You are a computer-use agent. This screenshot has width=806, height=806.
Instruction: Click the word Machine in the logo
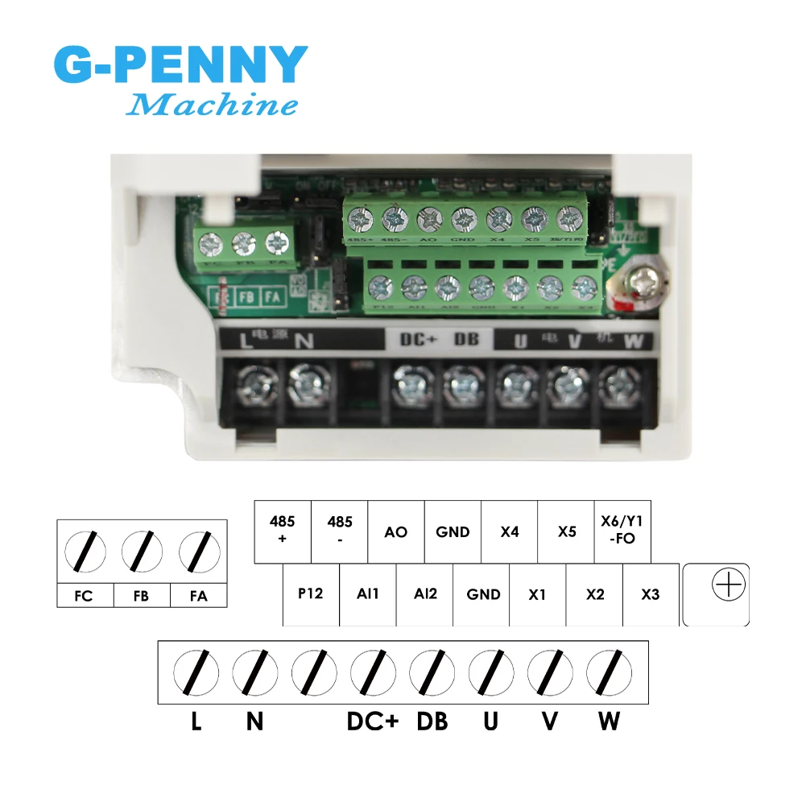213,105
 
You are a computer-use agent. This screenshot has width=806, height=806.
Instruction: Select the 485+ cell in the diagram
282,531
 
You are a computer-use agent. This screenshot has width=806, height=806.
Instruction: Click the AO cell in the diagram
395,532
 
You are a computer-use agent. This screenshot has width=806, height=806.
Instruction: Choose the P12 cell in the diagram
310,594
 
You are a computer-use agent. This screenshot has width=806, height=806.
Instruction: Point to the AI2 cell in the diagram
424,594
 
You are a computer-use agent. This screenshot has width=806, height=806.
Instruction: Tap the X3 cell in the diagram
651,594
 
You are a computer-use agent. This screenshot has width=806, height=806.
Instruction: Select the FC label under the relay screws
83,597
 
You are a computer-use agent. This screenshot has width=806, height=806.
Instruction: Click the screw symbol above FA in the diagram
198,552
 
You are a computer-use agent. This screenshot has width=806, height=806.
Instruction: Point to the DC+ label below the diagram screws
373,721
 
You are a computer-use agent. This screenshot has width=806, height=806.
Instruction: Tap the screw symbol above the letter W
609,672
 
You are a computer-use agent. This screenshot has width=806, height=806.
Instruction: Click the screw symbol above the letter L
196,672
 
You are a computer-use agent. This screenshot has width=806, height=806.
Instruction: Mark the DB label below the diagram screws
432,721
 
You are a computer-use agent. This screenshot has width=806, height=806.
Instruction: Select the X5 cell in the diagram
567,532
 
